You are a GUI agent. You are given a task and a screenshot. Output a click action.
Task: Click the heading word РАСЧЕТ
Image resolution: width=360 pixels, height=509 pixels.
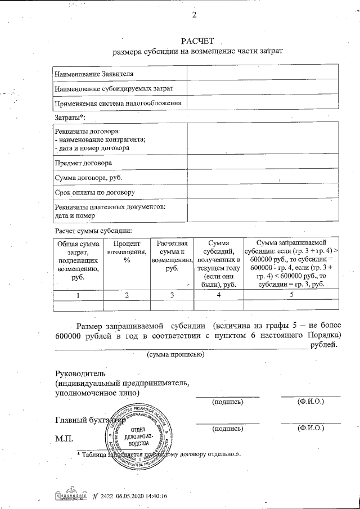[197, 42]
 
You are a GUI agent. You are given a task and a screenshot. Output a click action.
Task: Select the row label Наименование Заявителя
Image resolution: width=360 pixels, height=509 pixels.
[94, 73]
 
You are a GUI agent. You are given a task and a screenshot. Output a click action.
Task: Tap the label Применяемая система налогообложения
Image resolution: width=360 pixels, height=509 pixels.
[118, 103]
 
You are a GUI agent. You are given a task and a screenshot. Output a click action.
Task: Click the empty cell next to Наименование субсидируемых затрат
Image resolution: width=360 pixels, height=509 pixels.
[263, 88]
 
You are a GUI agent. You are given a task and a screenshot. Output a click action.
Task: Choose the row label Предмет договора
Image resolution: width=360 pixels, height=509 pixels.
[83, 163]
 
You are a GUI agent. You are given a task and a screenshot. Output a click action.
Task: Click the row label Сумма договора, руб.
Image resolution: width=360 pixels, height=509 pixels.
[88, 178]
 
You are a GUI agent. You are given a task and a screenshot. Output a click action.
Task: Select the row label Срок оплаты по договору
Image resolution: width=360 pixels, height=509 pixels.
[94, 193]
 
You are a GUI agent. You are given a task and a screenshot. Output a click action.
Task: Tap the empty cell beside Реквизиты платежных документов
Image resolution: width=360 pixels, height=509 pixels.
[263, 211]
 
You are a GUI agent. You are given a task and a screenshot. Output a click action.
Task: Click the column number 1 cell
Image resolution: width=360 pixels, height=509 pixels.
[78, 295]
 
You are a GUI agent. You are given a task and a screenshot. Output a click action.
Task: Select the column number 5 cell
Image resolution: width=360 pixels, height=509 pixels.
[291, 295]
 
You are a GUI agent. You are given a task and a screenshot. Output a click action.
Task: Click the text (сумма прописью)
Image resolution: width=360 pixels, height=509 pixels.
[175, 355]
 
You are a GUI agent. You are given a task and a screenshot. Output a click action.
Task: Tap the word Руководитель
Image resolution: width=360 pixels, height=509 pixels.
[80, 373]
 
